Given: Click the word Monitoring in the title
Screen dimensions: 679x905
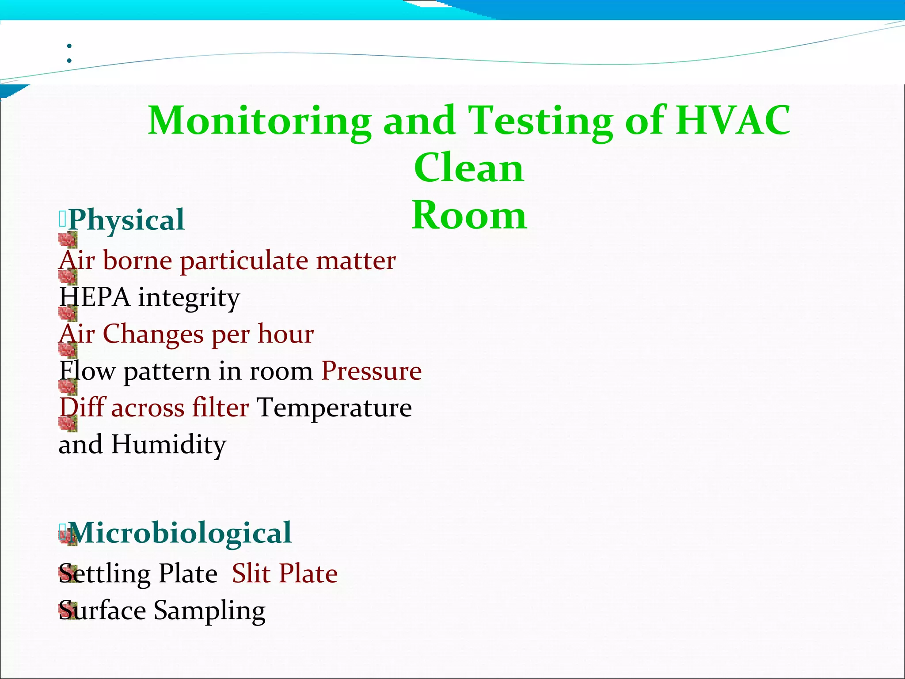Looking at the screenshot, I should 260,121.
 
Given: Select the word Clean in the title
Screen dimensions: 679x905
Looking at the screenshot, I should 469,168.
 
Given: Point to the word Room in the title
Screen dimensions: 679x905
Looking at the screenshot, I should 469,215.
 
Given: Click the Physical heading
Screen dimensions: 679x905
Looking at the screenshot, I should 126,220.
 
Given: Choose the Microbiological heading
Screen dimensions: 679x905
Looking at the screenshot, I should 180,533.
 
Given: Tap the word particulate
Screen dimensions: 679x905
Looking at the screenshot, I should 244,261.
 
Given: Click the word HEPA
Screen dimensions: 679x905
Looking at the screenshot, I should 95,297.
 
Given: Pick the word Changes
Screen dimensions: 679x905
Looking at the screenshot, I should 153,334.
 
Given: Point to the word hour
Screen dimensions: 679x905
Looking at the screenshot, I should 286,334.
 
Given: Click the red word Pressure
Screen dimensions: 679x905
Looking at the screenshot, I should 371,371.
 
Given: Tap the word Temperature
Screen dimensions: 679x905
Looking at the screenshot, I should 334,408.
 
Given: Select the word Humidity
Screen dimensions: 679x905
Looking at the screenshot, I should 168,445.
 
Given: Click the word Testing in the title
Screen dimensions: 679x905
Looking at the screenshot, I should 540,121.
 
